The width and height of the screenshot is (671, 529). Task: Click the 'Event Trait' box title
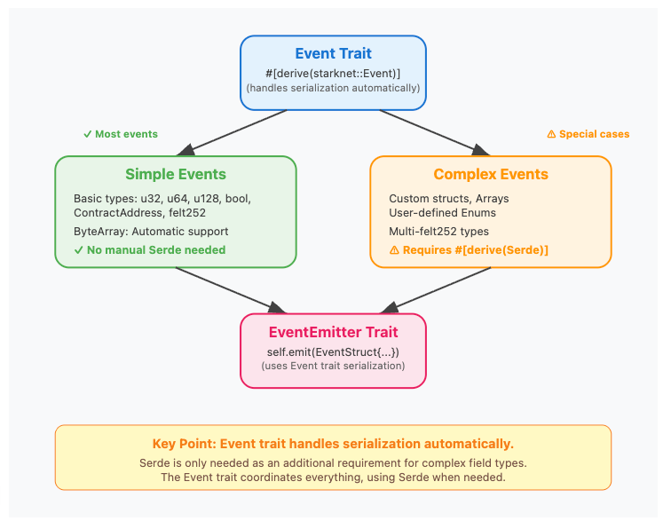tap(333, 53)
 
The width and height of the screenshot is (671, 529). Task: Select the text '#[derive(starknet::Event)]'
tap(333, 73)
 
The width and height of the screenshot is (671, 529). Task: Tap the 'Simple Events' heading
tap(175, 174)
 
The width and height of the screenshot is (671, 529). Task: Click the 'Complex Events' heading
tap(490, 174)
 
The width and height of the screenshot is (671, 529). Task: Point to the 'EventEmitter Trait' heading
tap(333, 332)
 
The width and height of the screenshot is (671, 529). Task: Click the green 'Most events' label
tap(121, 134)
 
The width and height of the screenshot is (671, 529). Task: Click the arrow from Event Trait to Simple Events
tap(233, 132)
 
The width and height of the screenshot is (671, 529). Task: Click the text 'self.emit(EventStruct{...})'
tap(333, 351)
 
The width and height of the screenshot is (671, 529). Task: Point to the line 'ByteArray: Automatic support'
tap(151, 232)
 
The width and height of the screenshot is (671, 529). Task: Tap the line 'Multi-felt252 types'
tap(439, 232)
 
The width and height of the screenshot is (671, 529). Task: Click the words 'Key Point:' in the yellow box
tap(184, 444)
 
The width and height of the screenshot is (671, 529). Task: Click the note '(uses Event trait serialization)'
tap(333, 366)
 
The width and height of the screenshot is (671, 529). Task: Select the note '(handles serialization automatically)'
tap(333, 88)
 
